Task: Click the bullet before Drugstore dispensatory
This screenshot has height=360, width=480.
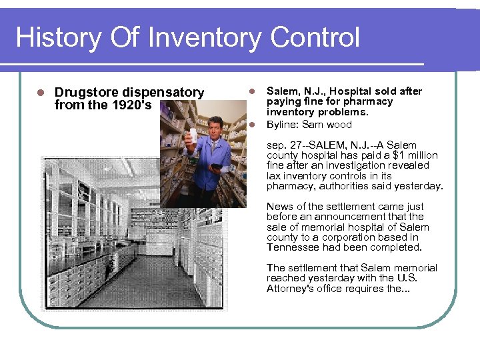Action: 41,93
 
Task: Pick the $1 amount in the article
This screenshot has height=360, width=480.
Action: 391,155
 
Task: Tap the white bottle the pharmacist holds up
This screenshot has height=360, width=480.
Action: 193,138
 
